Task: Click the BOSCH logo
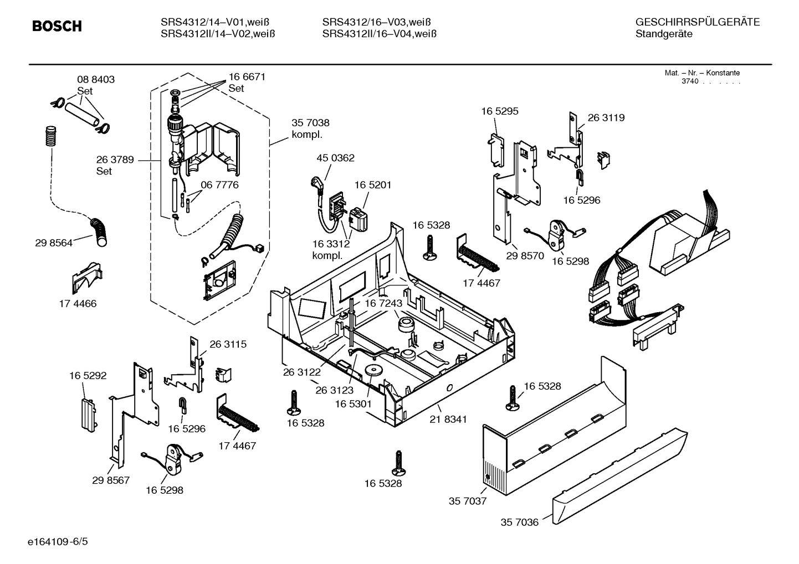57,26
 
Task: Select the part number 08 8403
95,80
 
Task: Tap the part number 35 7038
310,123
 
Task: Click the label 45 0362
335,158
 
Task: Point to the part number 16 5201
372,185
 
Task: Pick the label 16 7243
383,303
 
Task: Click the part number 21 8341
448,420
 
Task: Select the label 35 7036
519,522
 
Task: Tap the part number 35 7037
467,501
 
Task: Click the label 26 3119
606,117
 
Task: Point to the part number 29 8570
525,256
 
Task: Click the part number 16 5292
88,375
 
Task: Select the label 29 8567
111,480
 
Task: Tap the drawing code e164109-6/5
57,541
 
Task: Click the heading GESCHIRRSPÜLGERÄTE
697,22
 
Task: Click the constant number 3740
690,81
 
